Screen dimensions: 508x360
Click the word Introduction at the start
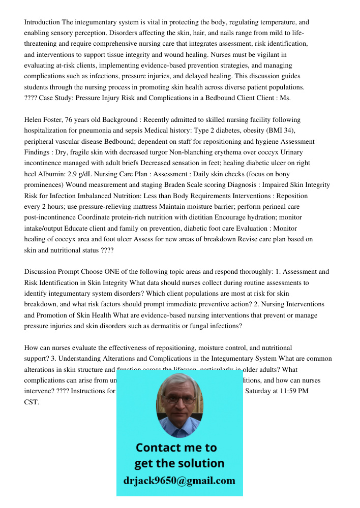click(x=42, y=22)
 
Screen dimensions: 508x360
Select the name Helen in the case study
click(x=35, y=120)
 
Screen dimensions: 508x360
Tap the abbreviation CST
click(x=31, y=402)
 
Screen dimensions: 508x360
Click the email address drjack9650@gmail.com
click(x=179, y=480)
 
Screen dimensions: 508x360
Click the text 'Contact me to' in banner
click(x=176, y=448)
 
